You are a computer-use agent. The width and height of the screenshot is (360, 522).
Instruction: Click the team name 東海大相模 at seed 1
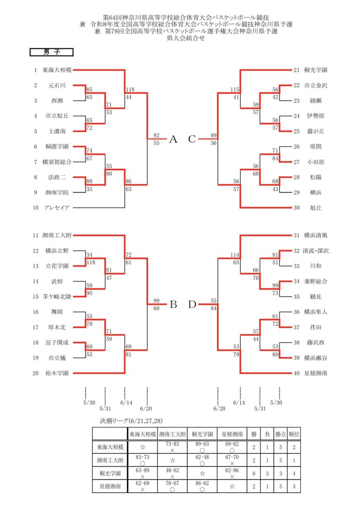[57, 70]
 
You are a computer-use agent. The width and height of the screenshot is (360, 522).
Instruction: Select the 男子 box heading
[51, 52]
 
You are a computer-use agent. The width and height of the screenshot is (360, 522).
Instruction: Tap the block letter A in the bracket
[173, 139]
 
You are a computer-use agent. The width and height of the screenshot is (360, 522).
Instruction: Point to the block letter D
[192, 304]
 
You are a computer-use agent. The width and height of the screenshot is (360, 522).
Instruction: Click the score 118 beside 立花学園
[91, 262]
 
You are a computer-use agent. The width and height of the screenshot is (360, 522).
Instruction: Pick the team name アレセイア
[57, 207]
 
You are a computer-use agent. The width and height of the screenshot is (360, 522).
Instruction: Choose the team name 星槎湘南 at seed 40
[316, 373]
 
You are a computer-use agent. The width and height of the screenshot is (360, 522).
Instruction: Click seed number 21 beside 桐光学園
[296, 70]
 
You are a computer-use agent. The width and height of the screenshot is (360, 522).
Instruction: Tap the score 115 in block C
[235, 90]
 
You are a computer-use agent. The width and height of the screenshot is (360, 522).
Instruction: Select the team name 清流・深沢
[316, 251]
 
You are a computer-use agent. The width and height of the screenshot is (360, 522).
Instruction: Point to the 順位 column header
[294, 434]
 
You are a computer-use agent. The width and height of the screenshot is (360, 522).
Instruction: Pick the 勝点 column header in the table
[280, 434]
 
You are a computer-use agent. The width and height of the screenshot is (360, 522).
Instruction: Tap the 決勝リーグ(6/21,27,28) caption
[131, 421]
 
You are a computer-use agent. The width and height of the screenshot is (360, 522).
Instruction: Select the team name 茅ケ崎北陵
[57, 297]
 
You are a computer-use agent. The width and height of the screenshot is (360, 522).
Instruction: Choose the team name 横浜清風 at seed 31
[316, 235]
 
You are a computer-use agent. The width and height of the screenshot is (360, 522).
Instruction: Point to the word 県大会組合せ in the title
[185, 38]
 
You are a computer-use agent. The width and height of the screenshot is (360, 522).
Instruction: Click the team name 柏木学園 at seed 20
[57, 373]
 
